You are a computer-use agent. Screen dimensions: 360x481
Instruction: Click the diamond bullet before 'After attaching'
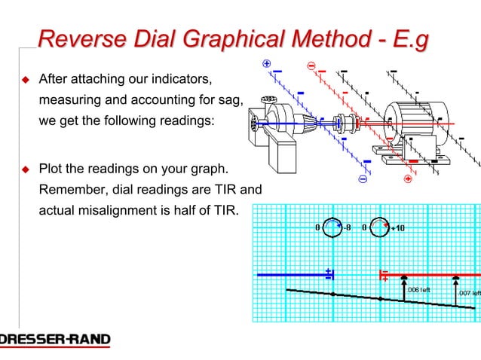[24, 79]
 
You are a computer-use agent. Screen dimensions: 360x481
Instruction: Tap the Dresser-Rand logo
[54, 340]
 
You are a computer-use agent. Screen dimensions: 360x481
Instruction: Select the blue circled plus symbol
[266, 64]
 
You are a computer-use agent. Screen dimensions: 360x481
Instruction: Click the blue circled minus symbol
[363, 181]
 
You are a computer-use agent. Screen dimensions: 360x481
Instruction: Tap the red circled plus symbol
[408, 179]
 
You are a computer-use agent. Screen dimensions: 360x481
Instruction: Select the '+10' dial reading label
[397, 227]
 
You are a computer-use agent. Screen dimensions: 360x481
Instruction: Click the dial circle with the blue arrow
[332, 227]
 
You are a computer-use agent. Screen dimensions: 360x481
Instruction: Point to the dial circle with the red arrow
[379, 227]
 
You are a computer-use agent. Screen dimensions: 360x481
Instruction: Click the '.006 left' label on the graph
[418, 289]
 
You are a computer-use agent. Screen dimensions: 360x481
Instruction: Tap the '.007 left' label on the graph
[468, 293]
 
